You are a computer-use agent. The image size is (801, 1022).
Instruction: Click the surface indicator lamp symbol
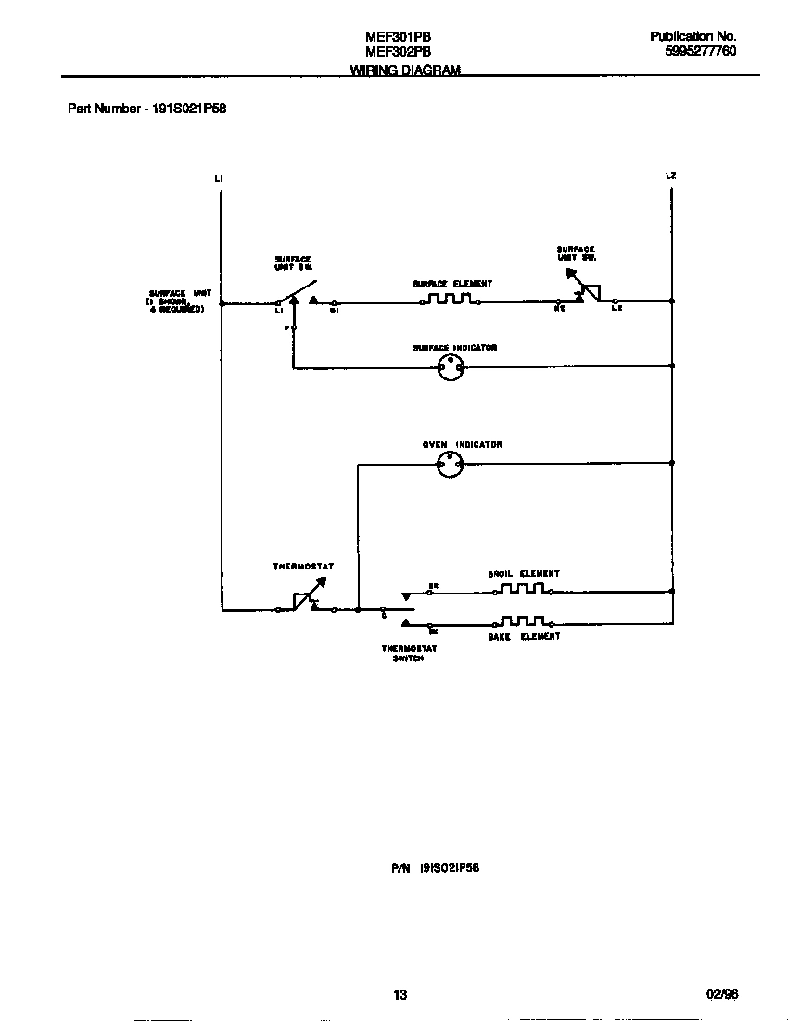point(451,368)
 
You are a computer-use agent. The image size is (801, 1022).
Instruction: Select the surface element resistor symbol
point(450,300)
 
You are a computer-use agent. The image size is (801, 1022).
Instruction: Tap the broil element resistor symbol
point(522,589)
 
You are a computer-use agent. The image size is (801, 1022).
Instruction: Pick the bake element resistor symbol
point(522,621)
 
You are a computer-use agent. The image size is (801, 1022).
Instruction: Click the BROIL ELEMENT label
point(524,574)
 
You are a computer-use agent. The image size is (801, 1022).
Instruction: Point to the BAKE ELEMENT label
point(524,637)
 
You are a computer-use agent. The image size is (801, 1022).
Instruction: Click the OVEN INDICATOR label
point(463,445)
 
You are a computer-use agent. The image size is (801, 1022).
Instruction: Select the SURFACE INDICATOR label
point(455,348)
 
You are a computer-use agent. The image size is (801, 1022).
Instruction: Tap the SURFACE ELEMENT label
point(452,284)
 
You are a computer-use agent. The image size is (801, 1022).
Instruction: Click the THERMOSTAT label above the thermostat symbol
point(303,566)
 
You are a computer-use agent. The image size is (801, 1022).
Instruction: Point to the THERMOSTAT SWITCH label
point(409,654)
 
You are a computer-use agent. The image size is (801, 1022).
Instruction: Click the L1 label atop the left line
point(219,178)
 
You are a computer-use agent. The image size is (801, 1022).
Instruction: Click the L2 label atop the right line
point(671,176)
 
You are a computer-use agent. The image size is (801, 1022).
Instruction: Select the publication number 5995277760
point(701,52)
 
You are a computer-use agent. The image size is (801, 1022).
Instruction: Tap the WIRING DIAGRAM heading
point(405,70)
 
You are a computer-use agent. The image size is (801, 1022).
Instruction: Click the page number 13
point(400,995)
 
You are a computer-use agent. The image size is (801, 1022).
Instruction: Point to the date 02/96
point(722,994)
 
